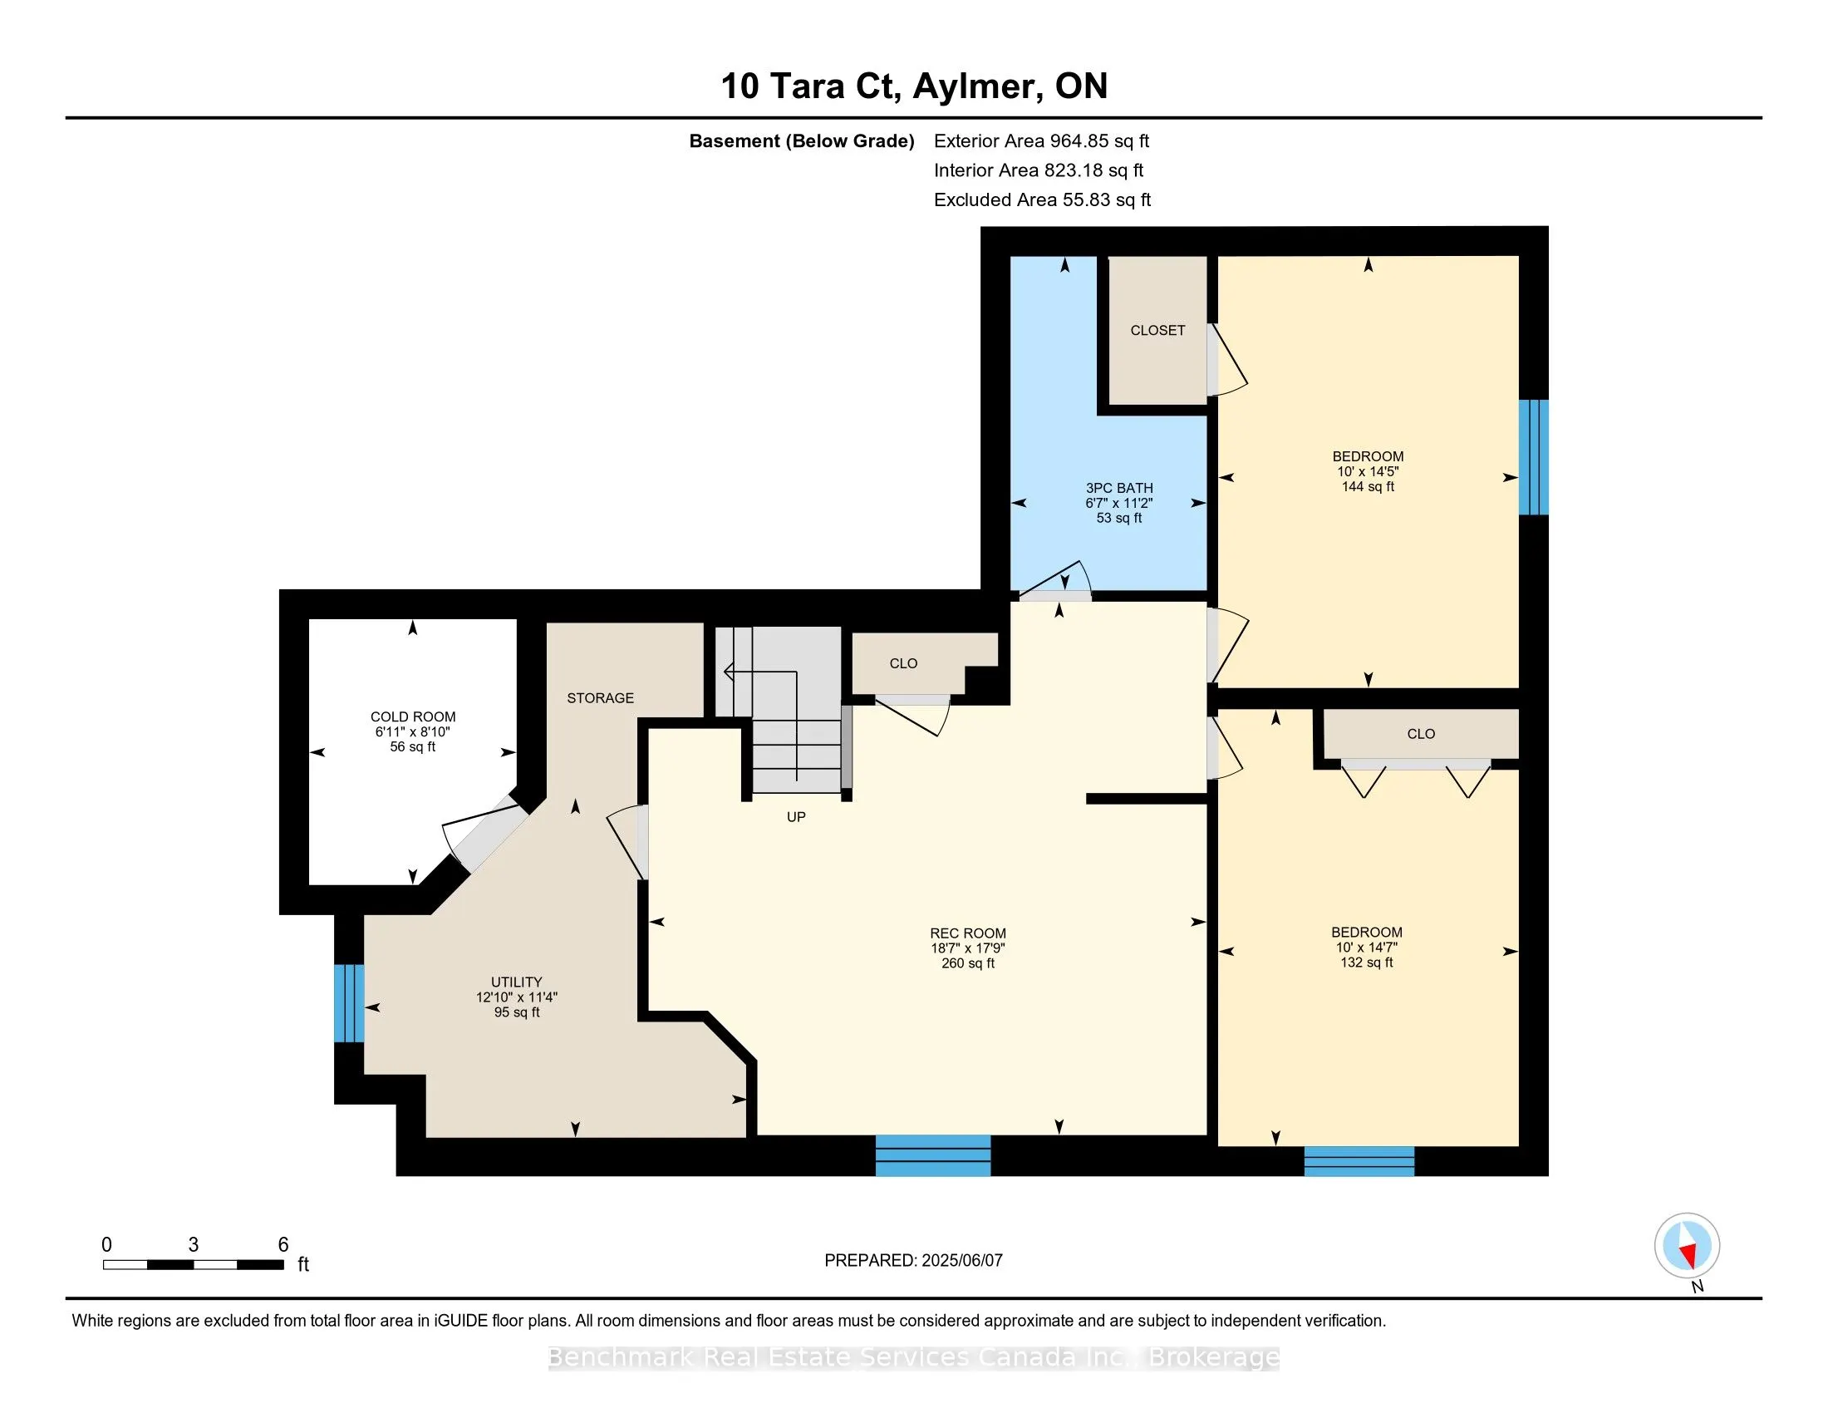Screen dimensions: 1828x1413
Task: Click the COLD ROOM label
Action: pos(413,716)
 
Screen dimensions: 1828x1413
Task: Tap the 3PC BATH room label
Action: pos(1119,488)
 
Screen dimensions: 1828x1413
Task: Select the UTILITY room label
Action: pos(517,982)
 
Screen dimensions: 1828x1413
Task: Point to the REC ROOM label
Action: pos(967,933)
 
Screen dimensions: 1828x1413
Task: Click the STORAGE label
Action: pos(600,698)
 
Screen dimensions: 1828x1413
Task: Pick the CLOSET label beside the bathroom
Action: pos(1157,331)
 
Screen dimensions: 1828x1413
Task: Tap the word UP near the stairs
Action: pos(796,817)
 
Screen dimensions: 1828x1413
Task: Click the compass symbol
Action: pos(1688,1246)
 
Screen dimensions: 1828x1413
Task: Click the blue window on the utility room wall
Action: pos(349,1003)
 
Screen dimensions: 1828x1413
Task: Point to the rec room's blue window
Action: pos(933,1156)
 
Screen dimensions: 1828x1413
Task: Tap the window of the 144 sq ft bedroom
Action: pos(1533,457)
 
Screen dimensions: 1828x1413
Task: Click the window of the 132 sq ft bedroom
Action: pos(1359,1161)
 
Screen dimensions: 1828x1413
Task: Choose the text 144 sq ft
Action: pos(1368,486)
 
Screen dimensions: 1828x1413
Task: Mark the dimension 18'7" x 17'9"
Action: pos(967,948)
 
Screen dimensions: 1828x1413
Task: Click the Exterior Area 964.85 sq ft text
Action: pos(1042,141)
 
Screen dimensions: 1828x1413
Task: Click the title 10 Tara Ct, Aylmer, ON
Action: pos(914,86)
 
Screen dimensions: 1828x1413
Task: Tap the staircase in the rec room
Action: pos(779,710)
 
